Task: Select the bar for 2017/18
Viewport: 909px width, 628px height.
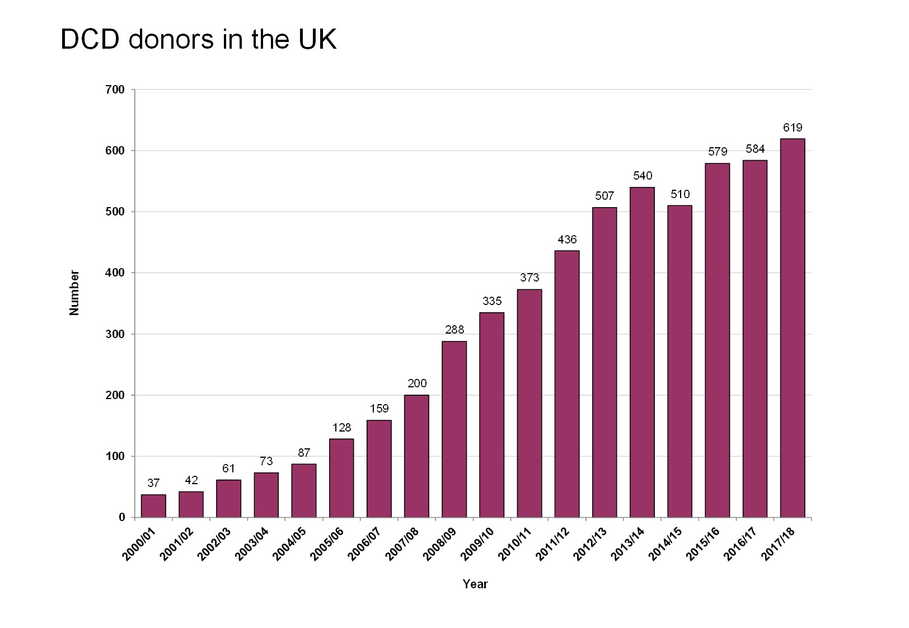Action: point(792,328)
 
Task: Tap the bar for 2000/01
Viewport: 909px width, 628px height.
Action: point(153,506)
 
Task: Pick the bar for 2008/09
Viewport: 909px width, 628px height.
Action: point(454,429)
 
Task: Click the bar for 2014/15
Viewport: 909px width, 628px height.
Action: point(680,362)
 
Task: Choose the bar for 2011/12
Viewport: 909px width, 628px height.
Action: point(567,384)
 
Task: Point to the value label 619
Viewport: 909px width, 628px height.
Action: point(792,128)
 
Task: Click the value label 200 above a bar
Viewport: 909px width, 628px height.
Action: point(416,383)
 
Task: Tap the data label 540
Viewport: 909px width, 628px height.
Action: point(642,176)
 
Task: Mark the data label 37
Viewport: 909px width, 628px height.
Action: point(153,482)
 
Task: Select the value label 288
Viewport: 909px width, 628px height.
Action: point(454,330)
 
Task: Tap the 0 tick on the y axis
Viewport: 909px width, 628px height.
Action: point(121,518)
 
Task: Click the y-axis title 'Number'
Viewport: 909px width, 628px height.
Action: point(74,293)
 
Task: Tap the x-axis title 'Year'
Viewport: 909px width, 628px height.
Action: point(475,584)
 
